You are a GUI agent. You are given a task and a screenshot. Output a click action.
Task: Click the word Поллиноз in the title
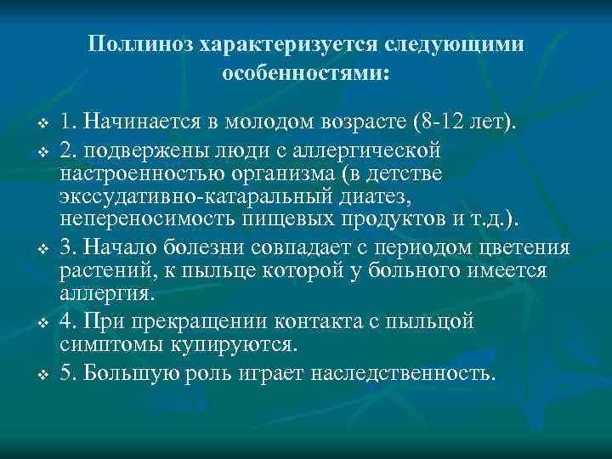pos(142,43)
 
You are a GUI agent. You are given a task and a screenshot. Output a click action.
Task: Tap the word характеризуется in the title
pos(286,43)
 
